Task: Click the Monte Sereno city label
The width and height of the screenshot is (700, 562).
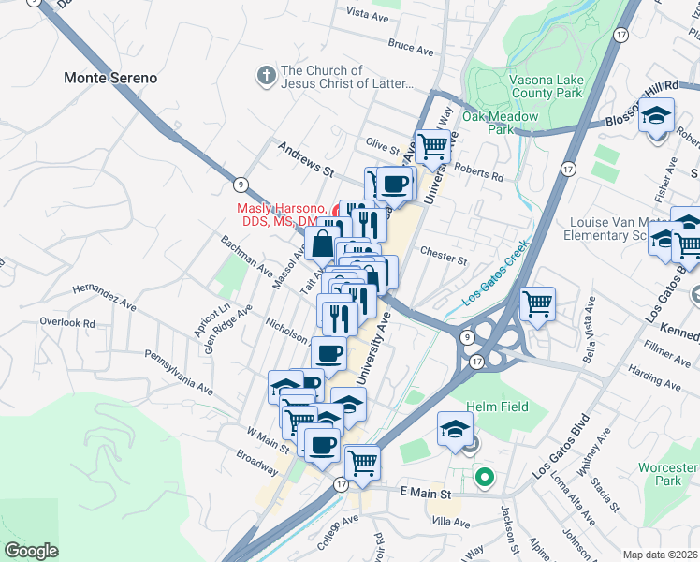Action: click(110, 78)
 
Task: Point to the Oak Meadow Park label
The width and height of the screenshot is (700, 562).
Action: click(500, 123)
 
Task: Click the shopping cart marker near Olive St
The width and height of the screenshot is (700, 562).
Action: click(432, 146)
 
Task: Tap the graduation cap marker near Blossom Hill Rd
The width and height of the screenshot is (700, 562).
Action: click(657, 115)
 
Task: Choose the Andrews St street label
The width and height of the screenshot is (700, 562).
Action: click(306, 159)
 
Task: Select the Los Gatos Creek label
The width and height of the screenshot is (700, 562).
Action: click(496, 274)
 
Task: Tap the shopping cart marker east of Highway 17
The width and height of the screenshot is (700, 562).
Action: click(537, 303)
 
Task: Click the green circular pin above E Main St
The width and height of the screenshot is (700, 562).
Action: click(484, 478)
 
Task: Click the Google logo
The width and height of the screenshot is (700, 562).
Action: click(31, 551)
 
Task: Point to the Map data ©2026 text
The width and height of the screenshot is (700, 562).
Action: click(660, 555)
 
